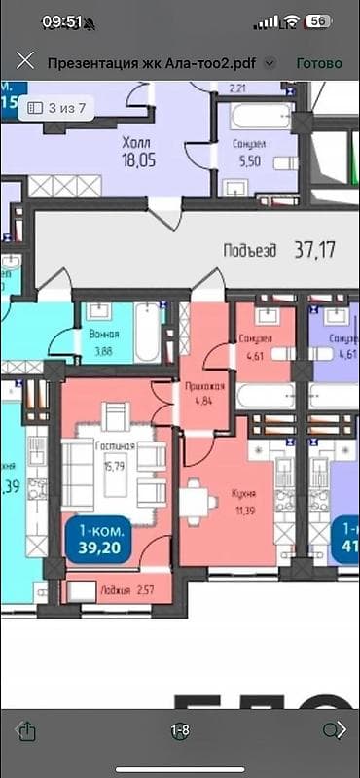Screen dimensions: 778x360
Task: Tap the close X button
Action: pos(26,62)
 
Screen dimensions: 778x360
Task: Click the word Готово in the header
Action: pos(319,62)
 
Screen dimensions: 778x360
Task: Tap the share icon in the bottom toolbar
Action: pos(27,729)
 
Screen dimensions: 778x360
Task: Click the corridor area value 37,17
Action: pos(314,249)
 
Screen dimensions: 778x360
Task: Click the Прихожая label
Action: pos(204,385)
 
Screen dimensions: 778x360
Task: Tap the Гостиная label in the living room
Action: pos(115,446)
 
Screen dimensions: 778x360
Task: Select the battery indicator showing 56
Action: pos(318,20)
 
